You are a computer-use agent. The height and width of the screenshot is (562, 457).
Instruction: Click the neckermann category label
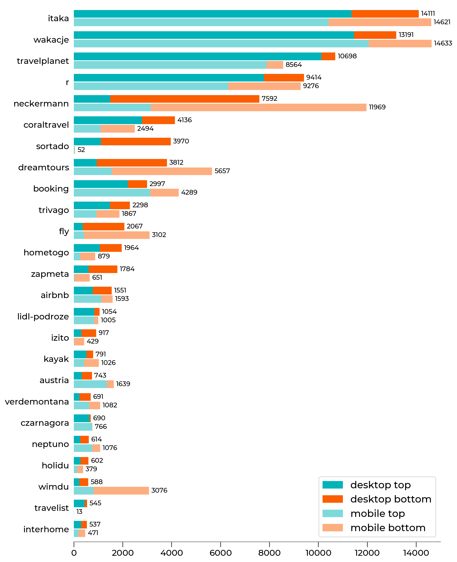click(41, 103)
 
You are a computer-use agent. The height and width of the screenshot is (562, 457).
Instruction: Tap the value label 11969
click(377, 107)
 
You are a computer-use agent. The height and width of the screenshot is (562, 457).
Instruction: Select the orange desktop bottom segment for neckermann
click(185, 99)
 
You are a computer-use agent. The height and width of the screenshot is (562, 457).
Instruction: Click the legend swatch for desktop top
click(332, 485)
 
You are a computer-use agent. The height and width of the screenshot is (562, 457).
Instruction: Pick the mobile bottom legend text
click(388, 528)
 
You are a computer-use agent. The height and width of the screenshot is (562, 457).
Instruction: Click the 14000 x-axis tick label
click(416, 553)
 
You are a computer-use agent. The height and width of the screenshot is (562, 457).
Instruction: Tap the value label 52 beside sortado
click(81, 150)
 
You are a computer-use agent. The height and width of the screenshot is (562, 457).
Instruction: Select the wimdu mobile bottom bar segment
click(121, 491)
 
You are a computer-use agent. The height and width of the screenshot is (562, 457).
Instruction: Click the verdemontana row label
click(37, 402)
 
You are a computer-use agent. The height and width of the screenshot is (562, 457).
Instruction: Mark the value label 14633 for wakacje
click(443, 43)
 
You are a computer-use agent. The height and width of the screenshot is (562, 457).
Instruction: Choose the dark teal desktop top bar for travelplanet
click(197, 56)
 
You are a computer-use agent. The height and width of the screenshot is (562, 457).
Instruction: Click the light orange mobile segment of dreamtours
click(162, 171)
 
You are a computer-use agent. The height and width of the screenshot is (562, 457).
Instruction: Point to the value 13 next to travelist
click(79, 512)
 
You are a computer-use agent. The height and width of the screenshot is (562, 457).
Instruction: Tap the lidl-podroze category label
click(43, 316)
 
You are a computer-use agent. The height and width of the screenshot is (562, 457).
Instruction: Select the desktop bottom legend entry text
click(391, 499)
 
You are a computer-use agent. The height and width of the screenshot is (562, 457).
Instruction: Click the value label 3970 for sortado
click(181, 141)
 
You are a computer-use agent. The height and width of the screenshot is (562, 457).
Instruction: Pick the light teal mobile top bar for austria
click(90, 384)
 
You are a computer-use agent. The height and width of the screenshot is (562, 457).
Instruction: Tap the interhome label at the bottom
click(46, 529)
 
